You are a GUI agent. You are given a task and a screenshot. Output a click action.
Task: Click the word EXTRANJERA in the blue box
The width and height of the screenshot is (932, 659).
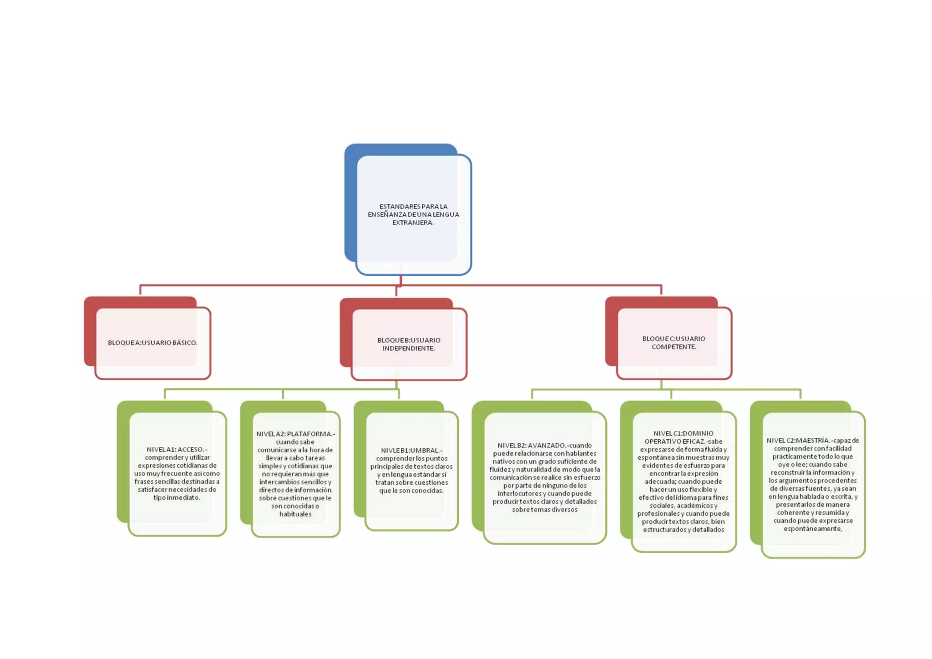413,223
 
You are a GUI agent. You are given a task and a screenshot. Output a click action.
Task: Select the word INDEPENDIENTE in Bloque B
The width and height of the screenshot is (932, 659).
409,348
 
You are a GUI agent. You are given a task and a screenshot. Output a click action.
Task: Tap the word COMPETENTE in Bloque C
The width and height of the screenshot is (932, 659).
674,347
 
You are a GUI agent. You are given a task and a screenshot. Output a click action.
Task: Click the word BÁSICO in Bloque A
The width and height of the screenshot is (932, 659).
185,343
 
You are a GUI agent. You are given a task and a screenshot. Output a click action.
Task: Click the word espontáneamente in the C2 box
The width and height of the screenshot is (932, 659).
813,528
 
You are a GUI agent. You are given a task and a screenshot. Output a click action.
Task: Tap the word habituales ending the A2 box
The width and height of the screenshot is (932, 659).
295,514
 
